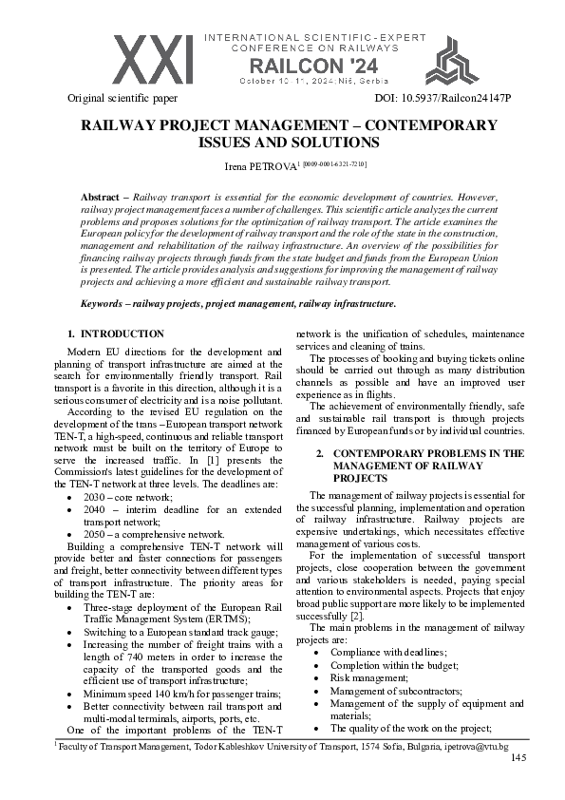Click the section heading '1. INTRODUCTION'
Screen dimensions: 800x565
click(x=117, y=333)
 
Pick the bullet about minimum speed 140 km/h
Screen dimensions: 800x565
click(x=179, y=694)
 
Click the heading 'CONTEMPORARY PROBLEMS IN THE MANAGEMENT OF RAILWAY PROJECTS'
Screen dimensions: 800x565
click(x=427, y=467)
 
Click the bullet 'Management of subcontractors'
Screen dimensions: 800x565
click(x=396, y=691)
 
